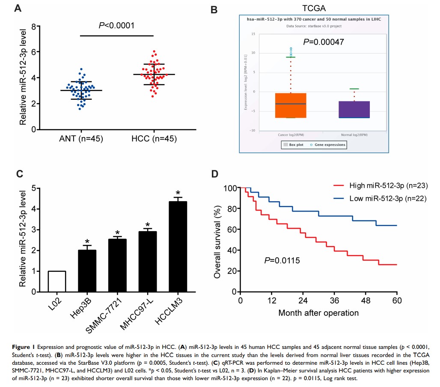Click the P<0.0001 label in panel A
coord(116,25)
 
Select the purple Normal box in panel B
coord(354,110)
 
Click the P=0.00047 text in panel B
coord(324,42)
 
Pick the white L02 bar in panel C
coord(57,281)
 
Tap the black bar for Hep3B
coord(87,271)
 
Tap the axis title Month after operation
coord(318,313)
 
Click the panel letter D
coord(216,174)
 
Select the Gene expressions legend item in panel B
coord(329,145)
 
